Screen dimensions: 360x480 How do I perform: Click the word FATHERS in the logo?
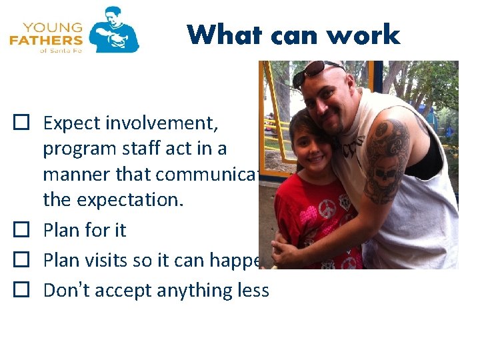tap(46, 41)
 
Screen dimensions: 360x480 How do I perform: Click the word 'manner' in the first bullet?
tap(73, 174)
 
